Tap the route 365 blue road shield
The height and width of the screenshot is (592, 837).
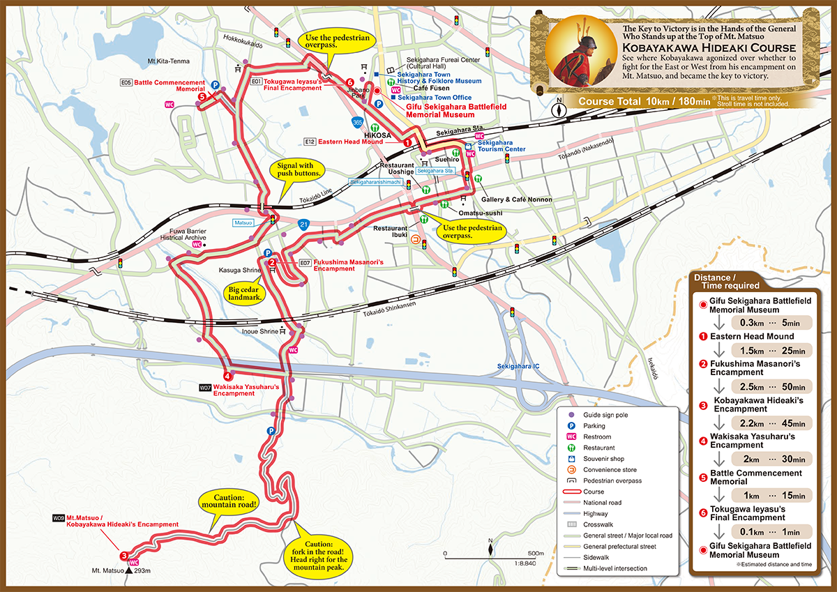[x=357, y=121]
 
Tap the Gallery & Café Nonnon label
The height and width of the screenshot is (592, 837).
[x=516, y=199]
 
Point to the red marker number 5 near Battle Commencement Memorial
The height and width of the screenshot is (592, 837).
[x=202, y=98]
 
